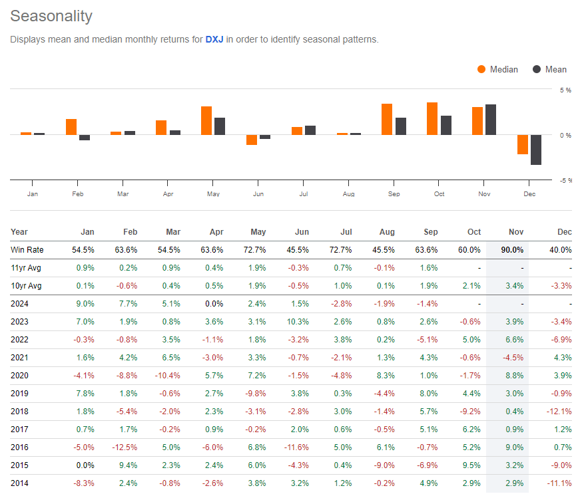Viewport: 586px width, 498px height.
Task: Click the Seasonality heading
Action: (x=51, y=16)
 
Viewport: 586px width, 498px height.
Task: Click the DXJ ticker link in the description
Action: (x=214, y=39)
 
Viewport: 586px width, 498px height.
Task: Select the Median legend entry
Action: (x=497, y=69)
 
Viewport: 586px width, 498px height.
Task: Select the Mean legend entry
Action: (x=549, y=69)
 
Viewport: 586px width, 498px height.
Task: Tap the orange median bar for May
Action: (x=206, y=120)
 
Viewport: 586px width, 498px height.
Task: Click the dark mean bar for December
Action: (x=536, y=150)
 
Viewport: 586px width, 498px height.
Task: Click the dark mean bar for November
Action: (x=491, y=120)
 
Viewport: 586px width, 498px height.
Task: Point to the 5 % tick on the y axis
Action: (x=565, y=90)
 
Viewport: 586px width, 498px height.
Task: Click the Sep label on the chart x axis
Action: (x=394, y=194)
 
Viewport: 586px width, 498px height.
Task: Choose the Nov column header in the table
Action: (x=515, y=232)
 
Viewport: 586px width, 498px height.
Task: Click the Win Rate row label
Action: (x=27, y=249)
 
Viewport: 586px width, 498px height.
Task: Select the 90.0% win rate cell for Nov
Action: (x=511, y=249)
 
